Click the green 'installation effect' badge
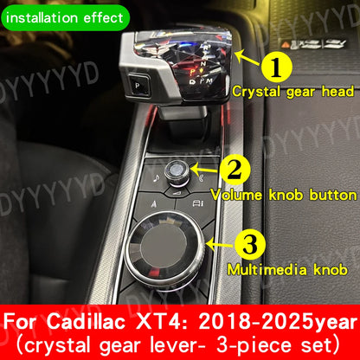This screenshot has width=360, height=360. coord(66,15)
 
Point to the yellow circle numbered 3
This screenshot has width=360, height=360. coord(249,245)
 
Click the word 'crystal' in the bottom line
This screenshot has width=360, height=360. coord(62,344)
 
